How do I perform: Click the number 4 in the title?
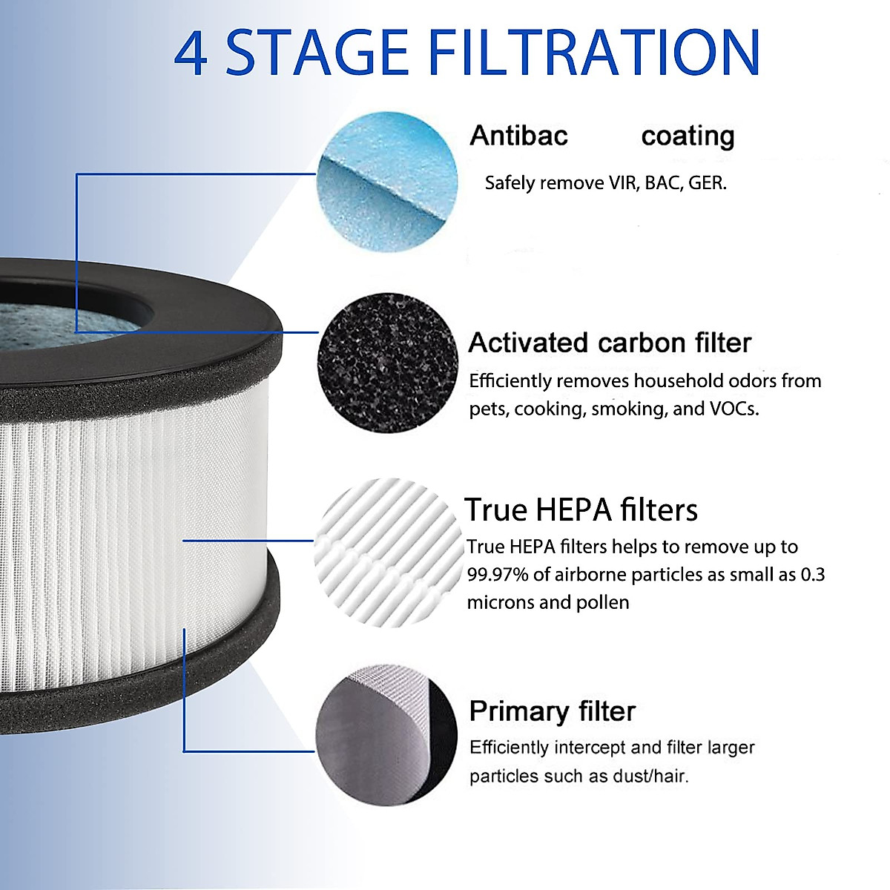point(191,53)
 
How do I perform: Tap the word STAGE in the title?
point(317,53)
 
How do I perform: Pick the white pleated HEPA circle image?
point(387,553)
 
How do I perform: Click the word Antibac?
point(518,136)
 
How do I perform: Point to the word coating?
point(688,136)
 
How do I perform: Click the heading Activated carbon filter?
point(610,343)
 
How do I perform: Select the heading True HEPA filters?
point(581,510)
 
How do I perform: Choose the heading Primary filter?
point(552,711)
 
